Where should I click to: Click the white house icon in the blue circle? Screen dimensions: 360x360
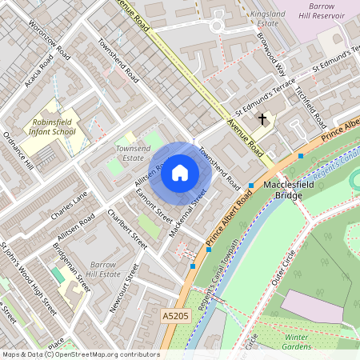coord(180,172)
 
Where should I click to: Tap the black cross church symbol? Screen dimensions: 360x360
coord(262,119)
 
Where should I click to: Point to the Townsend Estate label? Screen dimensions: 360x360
coord(133,154)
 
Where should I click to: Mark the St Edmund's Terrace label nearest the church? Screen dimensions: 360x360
coord(258,101)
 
